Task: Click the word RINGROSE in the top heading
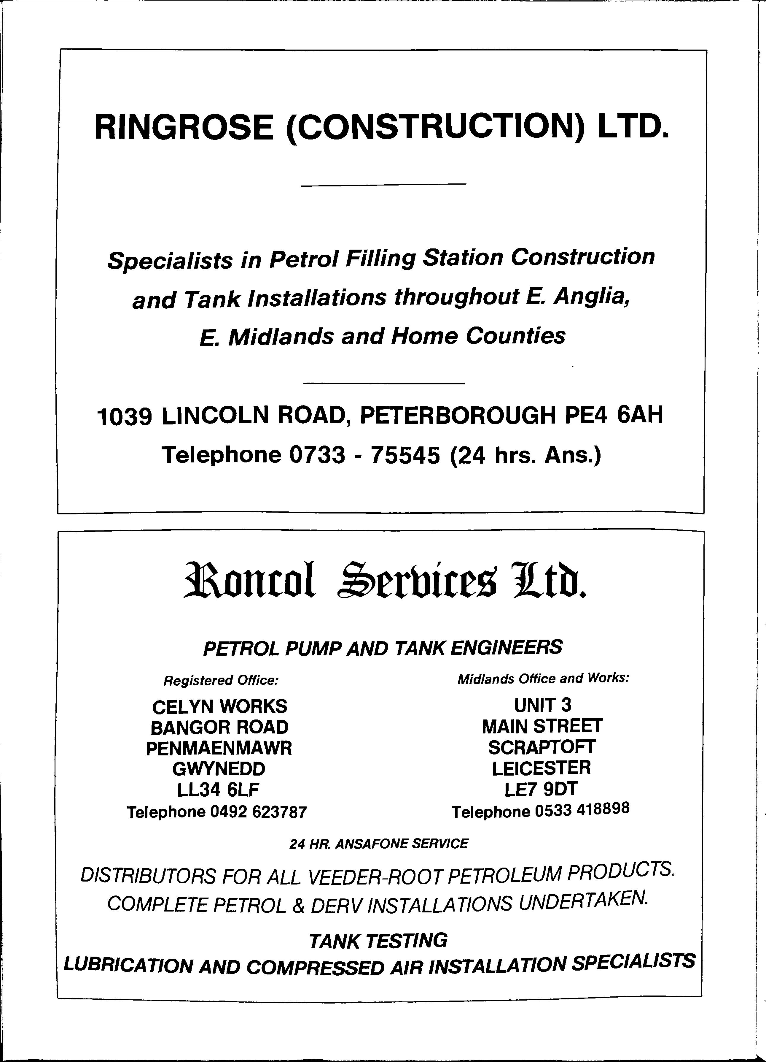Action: pos(184,127)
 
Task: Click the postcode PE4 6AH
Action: pos(614,415)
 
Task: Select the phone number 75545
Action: pos(405,455)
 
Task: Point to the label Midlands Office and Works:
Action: pos(543,679)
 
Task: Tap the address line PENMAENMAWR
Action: pos(219,748)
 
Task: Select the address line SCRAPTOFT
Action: pos(542,747)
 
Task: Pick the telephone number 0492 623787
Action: pos(258,811)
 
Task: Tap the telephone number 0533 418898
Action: pos(582,810)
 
